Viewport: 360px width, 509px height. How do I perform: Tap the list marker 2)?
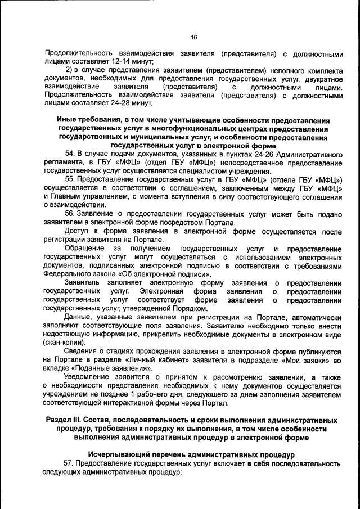pos(69,70)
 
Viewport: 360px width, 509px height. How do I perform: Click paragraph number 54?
pos(70,154)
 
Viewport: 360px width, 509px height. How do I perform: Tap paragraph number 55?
pos(70,179)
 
